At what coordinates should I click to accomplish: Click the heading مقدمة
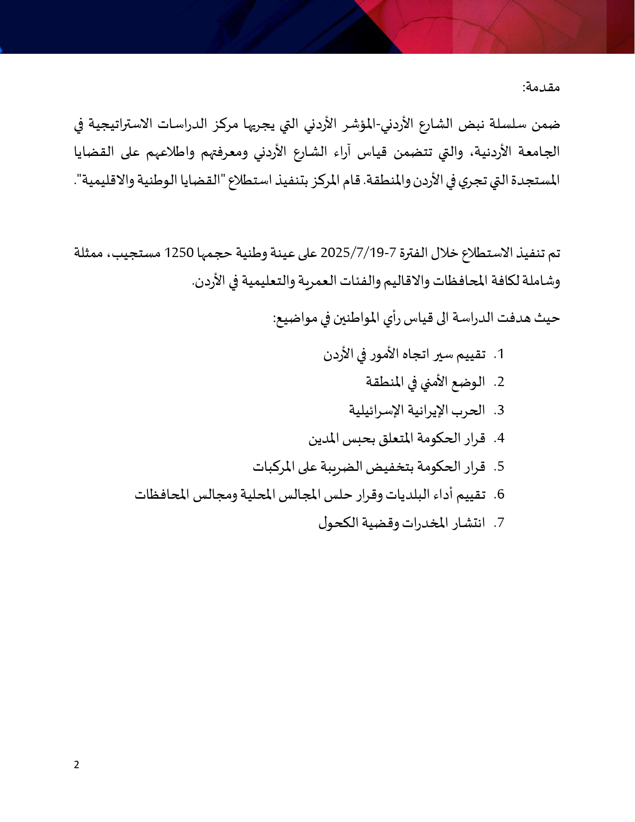[x=542, y=88]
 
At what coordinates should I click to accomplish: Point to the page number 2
[x=76, y=765]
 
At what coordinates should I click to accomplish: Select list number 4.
[x=500, y=439]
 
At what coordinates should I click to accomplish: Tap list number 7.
[x=500, y=523]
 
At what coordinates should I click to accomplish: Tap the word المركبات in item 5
[x=273, y=467]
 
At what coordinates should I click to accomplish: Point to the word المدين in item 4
[x=323, y=439]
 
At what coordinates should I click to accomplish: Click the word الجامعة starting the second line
[x=539, y=152]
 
